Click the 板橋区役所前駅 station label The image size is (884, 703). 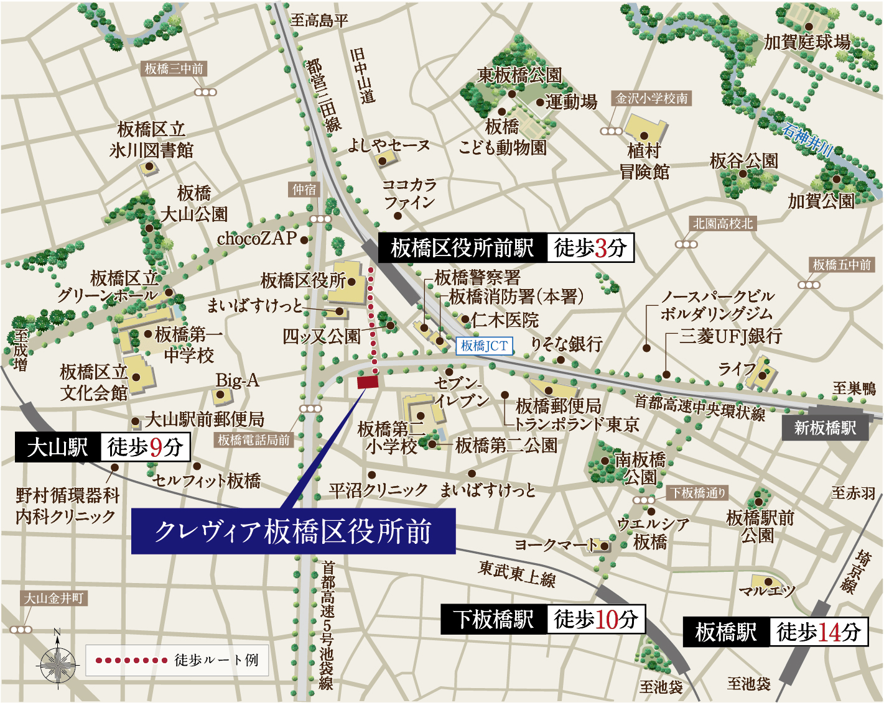click(x=462, y=248)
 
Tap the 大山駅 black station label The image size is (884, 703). click(x=58, y=447)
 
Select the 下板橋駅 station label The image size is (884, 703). click(x=494, y=619)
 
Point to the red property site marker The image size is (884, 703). click(x=368, y=382)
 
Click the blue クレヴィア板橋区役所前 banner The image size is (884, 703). click(x=293, y=531)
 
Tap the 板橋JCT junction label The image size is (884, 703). click(x=485, y=346)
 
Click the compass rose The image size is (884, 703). click(x=57, y=664)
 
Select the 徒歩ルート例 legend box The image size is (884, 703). click(x=177, y=660)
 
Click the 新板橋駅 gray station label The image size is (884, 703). click(x=825, y=428)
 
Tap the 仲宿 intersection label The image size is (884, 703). click(x=305, y=190)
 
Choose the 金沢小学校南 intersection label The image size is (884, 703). click(x=652, y=98)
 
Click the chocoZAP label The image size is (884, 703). click(x=257, y=239)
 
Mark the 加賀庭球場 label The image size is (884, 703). click(x=807, y=42)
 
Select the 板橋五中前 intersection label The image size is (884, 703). click(x=842, y=265)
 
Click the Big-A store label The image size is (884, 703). click(x=237, y=380)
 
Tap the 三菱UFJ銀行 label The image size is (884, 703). click(x=730, y=336)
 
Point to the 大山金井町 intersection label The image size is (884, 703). click(x=54, y=599)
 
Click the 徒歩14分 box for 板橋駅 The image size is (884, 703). click(x=819, y=632)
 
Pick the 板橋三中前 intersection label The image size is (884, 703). click(x=174, y=69)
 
